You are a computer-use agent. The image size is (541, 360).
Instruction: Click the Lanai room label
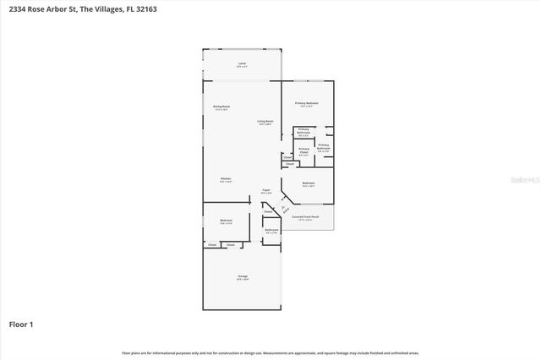(242, 63)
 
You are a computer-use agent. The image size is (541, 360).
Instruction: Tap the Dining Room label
(221, 107)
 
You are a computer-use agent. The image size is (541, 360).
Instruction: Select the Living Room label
(265, 122)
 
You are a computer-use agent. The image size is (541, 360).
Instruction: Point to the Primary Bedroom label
(306, 103)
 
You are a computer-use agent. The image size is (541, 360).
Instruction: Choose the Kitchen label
(226, 179)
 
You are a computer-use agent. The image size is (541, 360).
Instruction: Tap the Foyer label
(265, 190)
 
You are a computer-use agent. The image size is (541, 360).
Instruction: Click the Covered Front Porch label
(306, 217)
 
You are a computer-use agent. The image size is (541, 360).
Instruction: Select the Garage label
(242, 277)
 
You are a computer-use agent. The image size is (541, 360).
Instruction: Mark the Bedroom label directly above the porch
(309, 183)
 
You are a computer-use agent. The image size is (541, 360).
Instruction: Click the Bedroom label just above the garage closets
(226, 221)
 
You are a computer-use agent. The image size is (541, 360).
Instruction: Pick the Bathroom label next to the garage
(271, 231)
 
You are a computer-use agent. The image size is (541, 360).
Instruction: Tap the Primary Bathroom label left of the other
(303, 131)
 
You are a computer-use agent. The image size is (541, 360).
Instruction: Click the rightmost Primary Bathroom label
(323, 148)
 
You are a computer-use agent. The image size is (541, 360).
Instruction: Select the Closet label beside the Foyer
(268, 211)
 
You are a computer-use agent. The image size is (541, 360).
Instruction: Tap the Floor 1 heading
(21, 324)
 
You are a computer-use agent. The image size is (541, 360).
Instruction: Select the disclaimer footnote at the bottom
(270, 352)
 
